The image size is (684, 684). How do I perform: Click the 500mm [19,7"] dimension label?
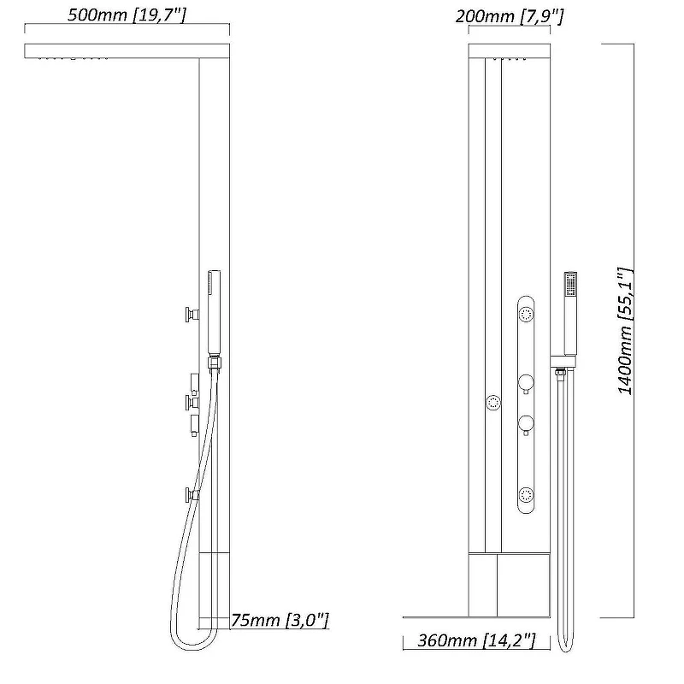[127, 15]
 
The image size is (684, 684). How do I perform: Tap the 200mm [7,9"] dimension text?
[509, 16]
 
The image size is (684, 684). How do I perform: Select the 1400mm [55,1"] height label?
[625, 331]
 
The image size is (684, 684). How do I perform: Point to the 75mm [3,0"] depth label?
[280, 619]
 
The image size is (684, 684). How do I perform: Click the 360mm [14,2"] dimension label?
[476, 640]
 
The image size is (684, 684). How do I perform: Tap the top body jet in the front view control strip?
[526, 314]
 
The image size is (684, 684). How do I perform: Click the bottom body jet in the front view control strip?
[526, 495]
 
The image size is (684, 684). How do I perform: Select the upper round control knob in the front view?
[526, 383]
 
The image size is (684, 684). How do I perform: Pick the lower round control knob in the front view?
[526, 424]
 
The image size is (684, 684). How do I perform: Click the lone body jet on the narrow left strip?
[493, 403]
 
